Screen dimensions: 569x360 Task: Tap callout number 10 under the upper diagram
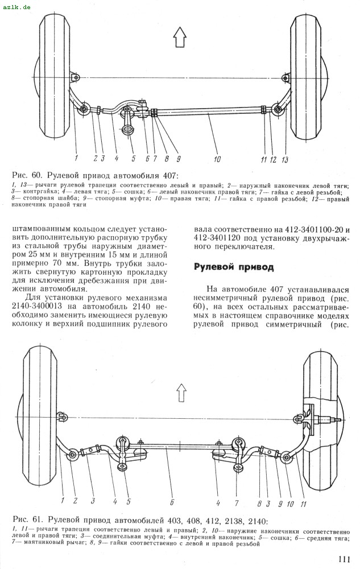click(217, 159)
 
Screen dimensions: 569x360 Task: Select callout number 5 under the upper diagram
click(133, 159)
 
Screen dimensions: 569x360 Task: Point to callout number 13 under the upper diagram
click(285, 159)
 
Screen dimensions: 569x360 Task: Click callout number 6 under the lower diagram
click(171, 502)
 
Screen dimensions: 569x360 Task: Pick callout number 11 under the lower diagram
click(303, 502)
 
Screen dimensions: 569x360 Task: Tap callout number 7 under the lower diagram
click(237, 502)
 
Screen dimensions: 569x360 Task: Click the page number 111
click(342, 559)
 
